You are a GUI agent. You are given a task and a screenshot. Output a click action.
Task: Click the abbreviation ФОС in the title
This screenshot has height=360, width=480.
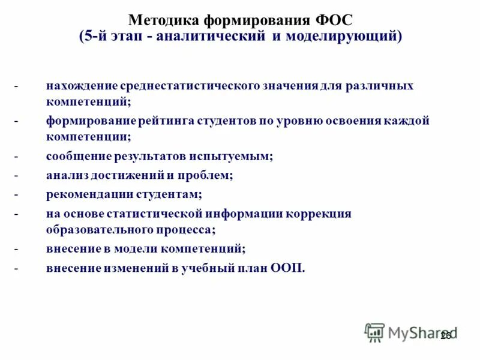(330, 20)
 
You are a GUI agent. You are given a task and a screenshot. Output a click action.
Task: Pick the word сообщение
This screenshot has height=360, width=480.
(75, 156)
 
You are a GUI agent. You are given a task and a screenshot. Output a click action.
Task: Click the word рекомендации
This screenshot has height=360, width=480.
(85, 194)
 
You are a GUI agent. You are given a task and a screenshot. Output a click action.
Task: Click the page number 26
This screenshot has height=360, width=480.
(445, 335)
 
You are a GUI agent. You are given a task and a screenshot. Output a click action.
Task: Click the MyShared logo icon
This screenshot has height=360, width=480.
(374, 332)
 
